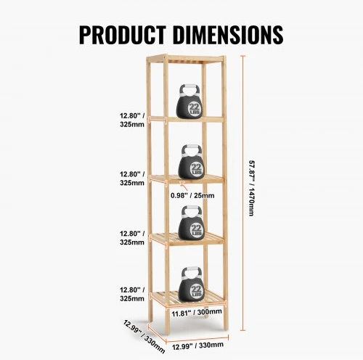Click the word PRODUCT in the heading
[123, 35]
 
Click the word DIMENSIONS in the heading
[228, 35]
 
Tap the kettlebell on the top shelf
[189, 101]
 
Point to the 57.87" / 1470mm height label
[252, 188]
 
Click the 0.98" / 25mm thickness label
[192, 195]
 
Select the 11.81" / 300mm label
[197, 313]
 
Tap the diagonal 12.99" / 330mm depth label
[144, 336]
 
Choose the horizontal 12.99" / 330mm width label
[197, 345]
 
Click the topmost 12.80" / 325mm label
[132, 120]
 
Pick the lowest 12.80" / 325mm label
[132, 294]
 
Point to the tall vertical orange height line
[243, 193]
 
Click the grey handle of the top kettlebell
[190, 90]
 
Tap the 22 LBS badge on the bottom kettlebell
[196, 291]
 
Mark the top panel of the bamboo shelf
[187, 59]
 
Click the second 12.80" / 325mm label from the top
[132, 179]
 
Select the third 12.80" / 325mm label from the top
[132, 238]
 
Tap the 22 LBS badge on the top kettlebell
[195, 109]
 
